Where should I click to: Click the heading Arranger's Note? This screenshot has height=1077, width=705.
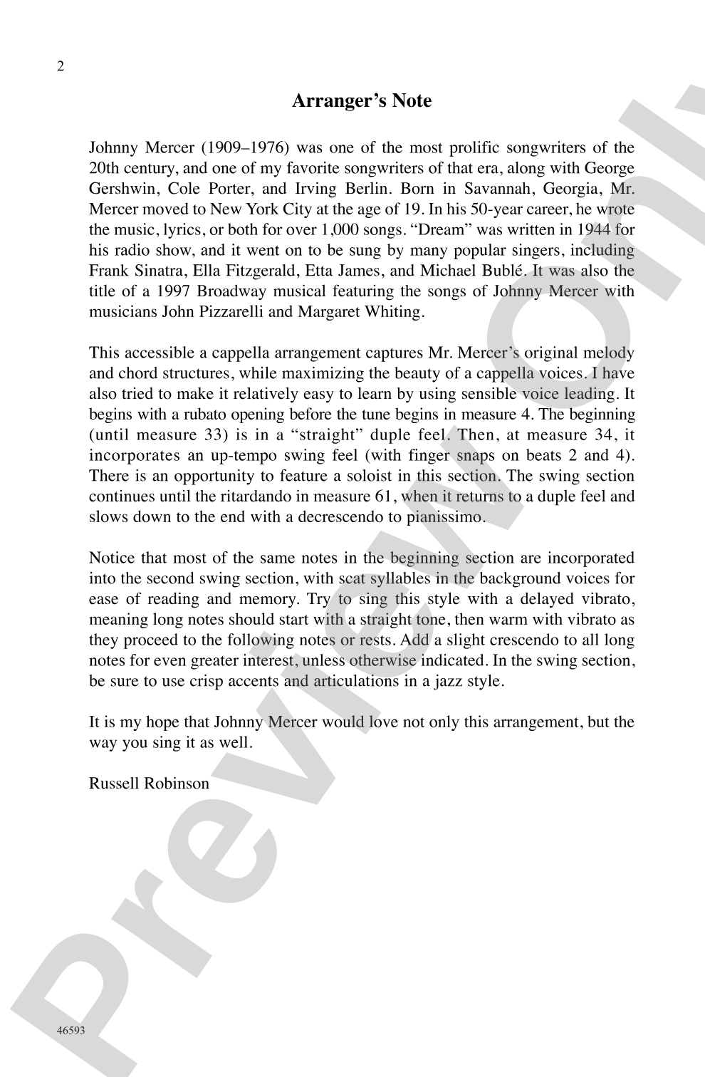[x=362, y=101]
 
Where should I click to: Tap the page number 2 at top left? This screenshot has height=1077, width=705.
[x=60, y=67]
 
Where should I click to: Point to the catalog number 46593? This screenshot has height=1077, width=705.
[x=71, y=1030]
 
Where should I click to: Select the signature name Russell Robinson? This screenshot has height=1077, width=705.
[x=149, y=784]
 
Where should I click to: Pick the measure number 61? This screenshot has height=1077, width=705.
[x=385, y=496]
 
